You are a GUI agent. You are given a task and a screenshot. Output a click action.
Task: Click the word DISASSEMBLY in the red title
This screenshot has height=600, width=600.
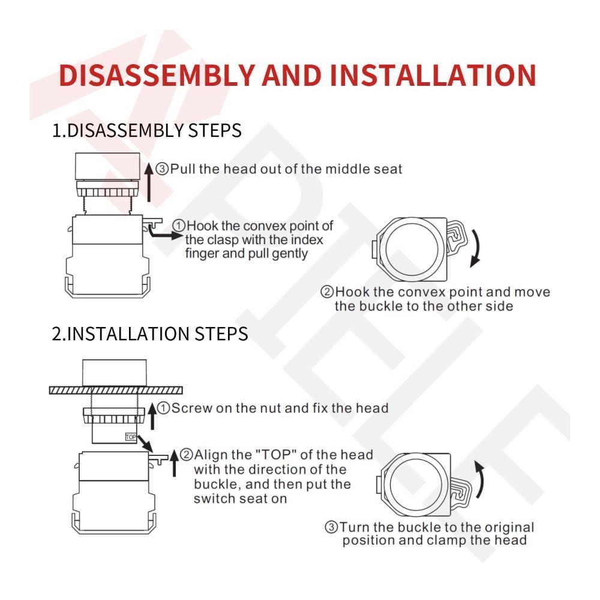coord(157,75)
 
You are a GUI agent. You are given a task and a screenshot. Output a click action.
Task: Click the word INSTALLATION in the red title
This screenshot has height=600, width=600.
coord(433,75)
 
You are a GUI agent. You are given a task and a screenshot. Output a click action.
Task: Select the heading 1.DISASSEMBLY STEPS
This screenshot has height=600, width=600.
coord(146,130)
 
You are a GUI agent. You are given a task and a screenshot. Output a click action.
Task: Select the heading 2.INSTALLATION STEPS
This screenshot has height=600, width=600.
coord(149,334)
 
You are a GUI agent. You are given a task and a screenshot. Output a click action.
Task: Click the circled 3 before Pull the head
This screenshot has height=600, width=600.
coord(162,169)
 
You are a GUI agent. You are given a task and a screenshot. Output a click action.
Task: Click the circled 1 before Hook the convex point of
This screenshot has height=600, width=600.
coord(179,226)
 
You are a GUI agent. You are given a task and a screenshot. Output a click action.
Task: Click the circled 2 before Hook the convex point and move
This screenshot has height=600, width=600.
coord(327,292)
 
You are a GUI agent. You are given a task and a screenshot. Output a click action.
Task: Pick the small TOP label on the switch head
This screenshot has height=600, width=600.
coord(131,437)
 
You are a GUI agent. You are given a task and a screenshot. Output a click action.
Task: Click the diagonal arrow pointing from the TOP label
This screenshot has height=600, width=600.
coord(145,443)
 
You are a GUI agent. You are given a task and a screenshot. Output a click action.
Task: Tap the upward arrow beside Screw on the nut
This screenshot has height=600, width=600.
coord(152,416)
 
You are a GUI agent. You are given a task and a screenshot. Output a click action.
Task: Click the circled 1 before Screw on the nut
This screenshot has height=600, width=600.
coord(163,408)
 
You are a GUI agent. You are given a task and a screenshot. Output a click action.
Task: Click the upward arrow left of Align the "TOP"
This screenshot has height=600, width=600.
coord(174,463)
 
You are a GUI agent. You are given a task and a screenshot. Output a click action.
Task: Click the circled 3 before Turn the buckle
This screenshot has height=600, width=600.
coord(331,527)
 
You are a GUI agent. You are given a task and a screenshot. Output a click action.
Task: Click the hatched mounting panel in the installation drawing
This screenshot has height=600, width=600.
coord(116,391)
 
